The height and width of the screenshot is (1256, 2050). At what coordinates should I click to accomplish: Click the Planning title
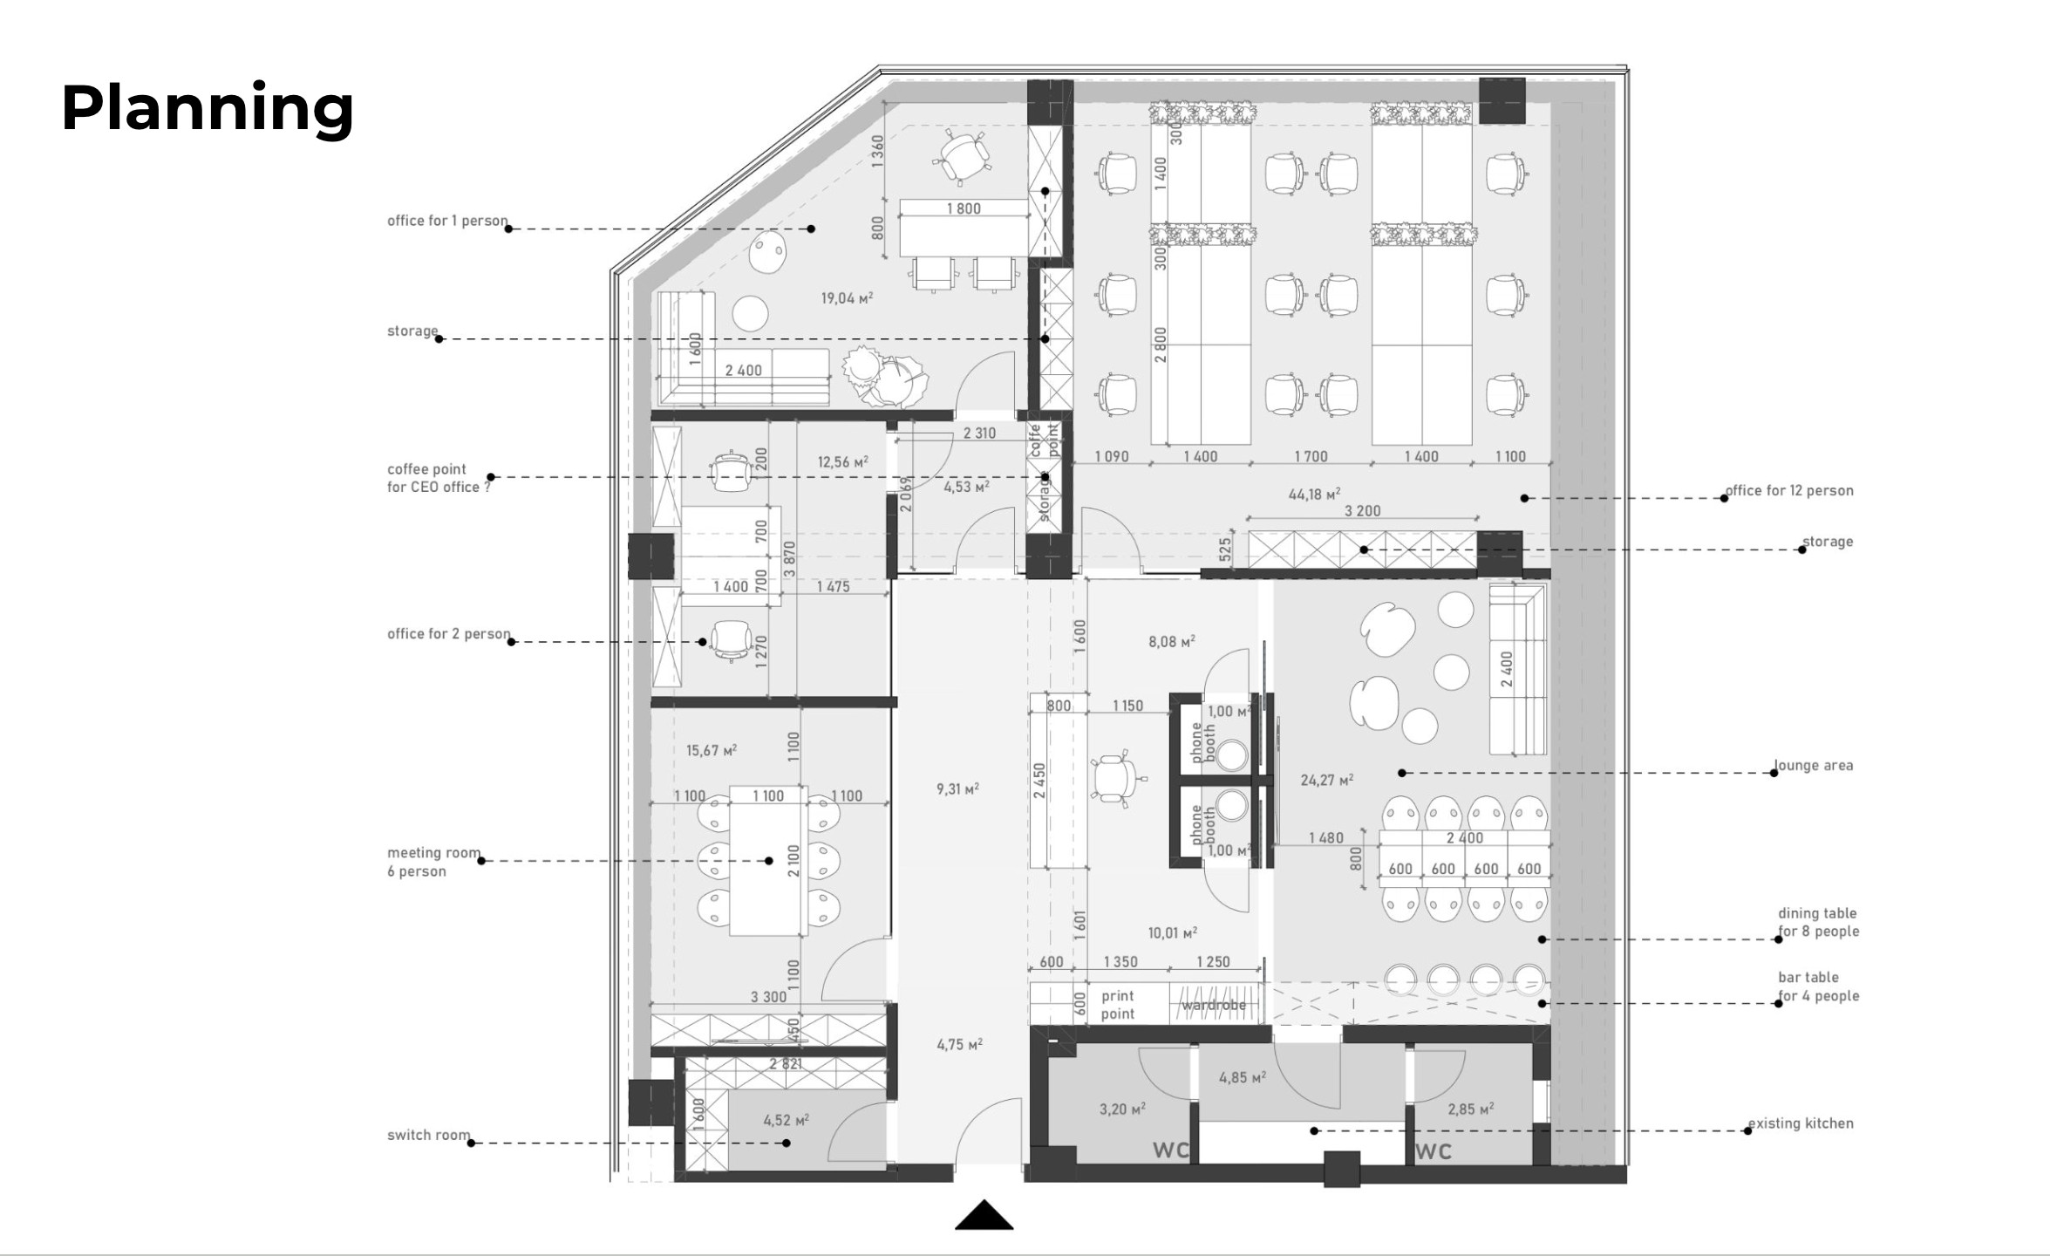click(208, 110)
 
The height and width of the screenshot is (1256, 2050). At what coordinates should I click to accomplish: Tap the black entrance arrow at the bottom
click(984, 1215)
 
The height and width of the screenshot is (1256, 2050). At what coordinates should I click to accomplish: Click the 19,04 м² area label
click(847, 298)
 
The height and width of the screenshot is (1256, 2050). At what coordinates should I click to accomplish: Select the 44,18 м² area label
click(1314, 495)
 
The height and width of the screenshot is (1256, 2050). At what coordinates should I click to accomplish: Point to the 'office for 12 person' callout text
click(1789, 490)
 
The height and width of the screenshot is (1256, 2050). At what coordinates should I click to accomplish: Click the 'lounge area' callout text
click(1814, 765)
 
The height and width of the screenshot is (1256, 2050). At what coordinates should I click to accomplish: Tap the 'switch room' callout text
click(429, 1135)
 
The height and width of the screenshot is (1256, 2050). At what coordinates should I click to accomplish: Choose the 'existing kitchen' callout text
click(1801, 1123)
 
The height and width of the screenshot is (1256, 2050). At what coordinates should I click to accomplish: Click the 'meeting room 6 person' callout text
click(433, 862)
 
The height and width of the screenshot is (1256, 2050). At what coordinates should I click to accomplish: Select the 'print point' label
click(1118, 1004)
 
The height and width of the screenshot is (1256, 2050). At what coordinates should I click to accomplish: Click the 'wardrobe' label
click(1214, 1005)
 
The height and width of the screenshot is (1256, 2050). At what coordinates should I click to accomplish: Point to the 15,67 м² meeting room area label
click(712, 750)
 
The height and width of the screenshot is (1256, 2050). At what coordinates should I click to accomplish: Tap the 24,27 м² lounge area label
click(1326, 780)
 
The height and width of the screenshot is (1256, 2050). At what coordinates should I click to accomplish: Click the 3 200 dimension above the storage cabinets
click(1362, 511)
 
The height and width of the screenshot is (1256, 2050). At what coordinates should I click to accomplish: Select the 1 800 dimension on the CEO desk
click(964, 208)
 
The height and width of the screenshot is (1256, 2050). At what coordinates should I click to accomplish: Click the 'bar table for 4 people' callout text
click(1818, 986)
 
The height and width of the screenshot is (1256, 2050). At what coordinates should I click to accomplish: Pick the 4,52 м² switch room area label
click(786, 1121)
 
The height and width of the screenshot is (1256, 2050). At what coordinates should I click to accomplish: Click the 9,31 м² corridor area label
click(957, 788)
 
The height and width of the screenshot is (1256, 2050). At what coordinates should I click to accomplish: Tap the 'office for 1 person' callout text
click(447, 221)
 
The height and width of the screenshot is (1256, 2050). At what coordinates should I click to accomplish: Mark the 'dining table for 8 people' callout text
click(1818, 922)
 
